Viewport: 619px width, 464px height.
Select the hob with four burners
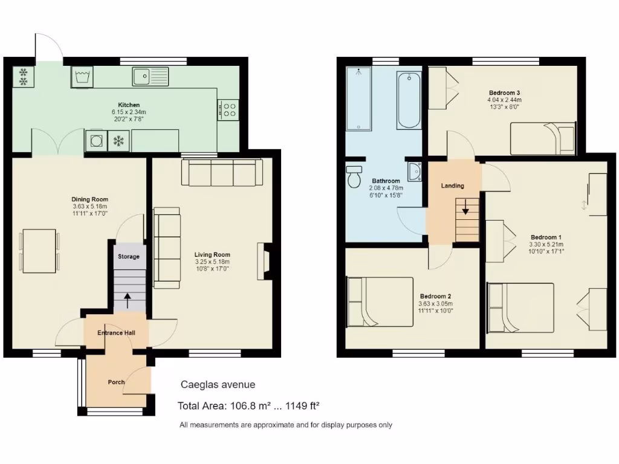[x=228, y=109]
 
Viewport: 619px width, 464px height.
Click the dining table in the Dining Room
[x=39, y=250]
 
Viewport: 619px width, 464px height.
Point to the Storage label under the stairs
[x=128, y=257]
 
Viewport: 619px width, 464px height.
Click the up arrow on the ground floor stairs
[x=128, y=297]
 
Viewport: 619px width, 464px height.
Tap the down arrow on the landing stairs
[x=466, y=211]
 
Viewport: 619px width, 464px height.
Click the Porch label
[x=116, y=382]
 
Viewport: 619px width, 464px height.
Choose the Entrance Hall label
[x=117, y=333]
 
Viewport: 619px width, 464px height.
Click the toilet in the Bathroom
[x=354, y=176]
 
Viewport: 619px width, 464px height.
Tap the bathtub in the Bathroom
[x=409, y=100]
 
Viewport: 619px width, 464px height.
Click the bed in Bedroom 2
[x=380, y=301]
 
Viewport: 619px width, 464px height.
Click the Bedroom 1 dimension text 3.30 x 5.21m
[x=546, y=245]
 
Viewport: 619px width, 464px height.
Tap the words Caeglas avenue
[x=218, y=385]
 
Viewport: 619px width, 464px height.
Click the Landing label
[x=453, y=185]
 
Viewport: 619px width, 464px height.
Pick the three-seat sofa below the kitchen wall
[x=222, y=172]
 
